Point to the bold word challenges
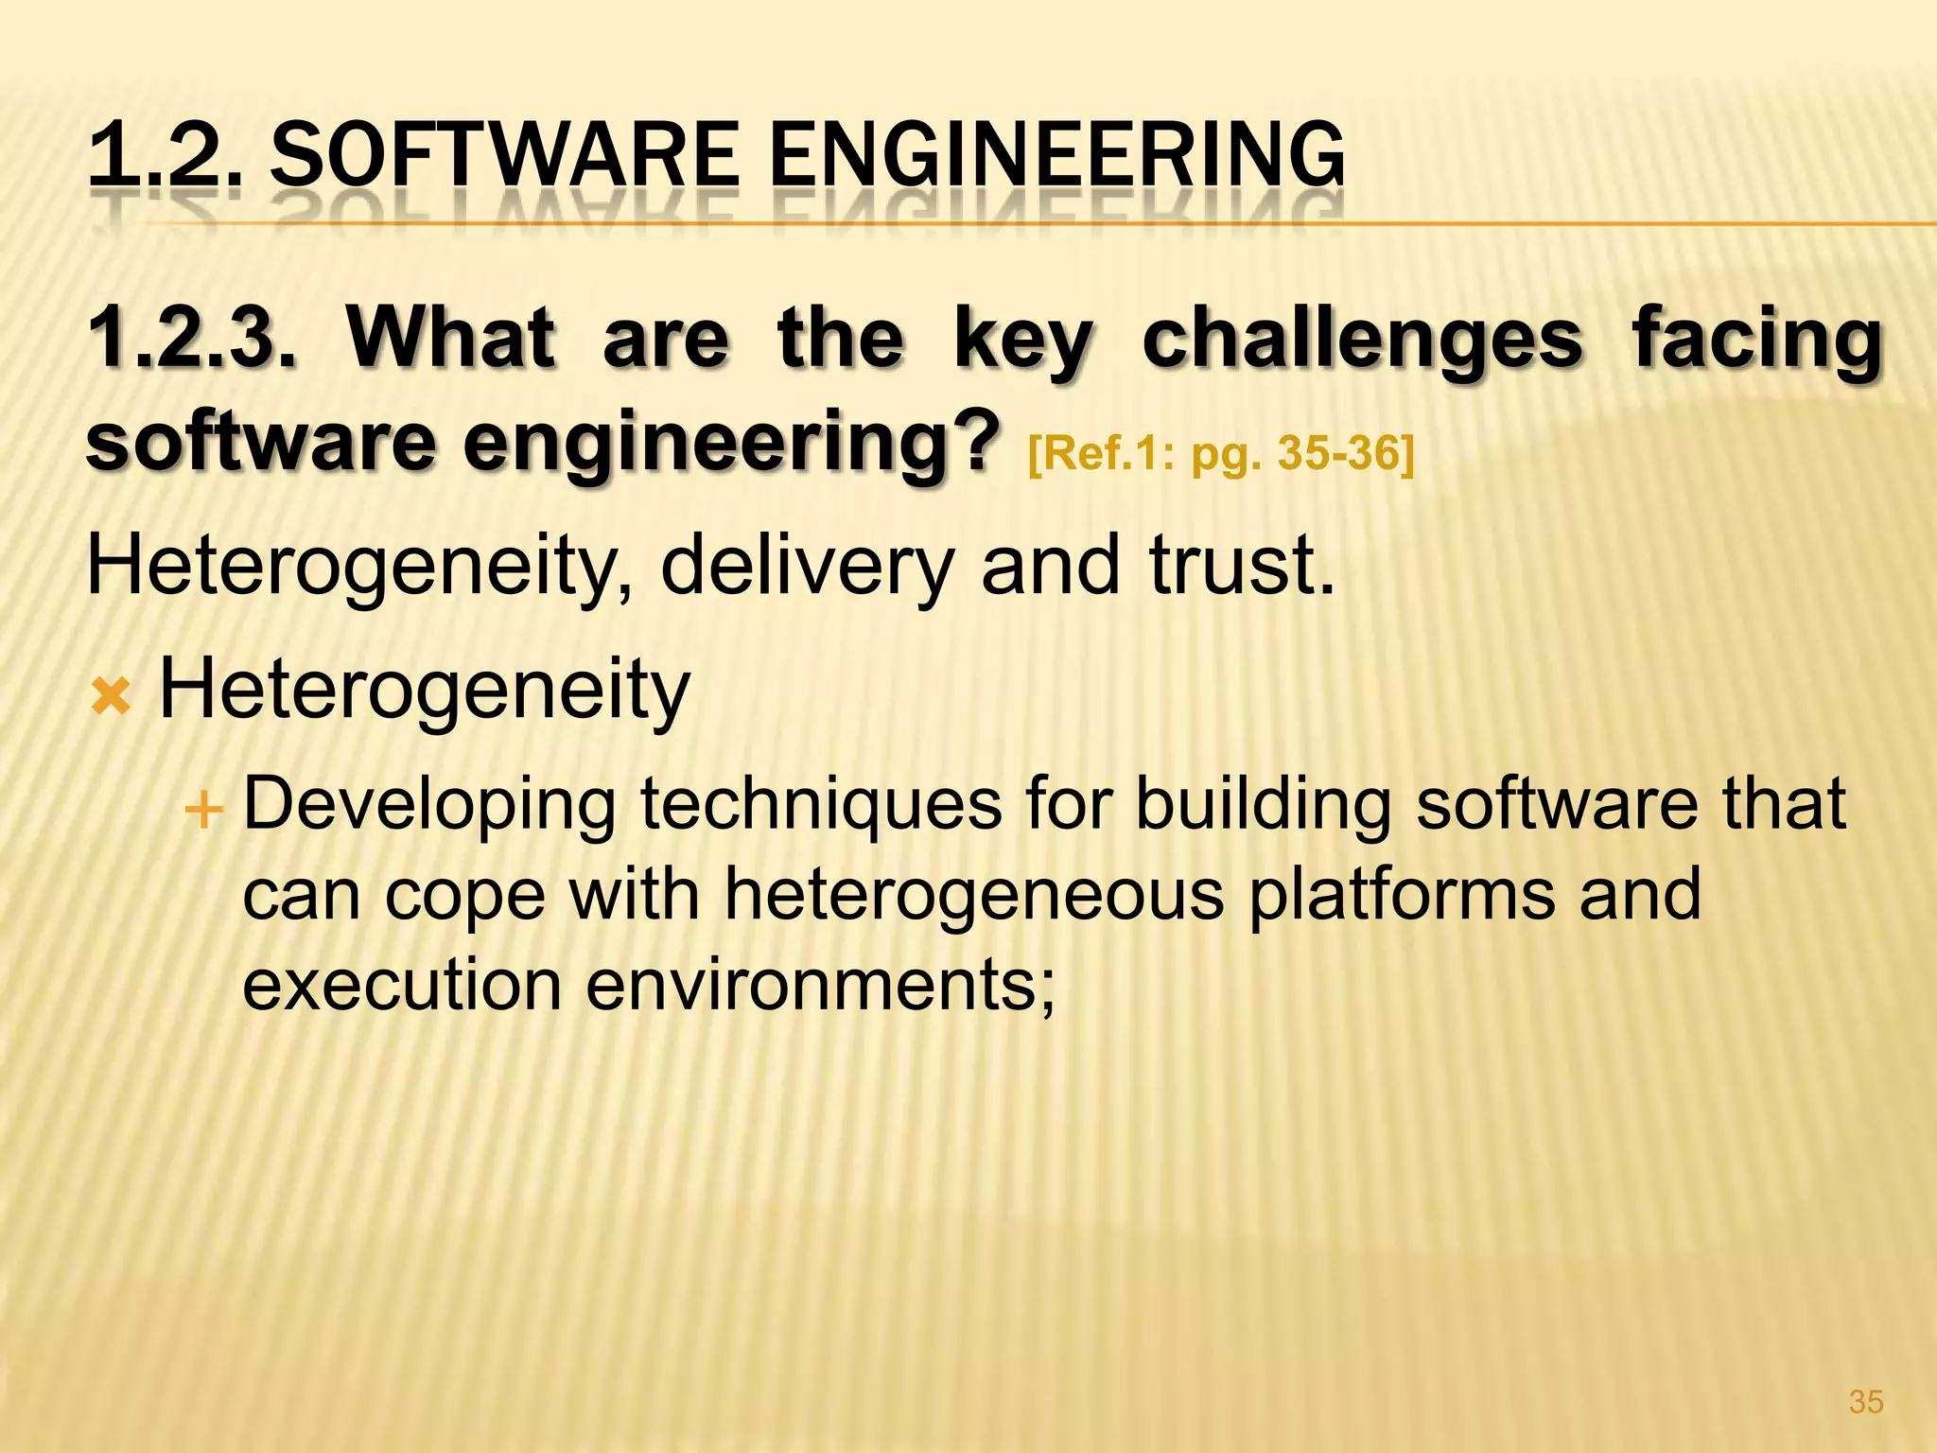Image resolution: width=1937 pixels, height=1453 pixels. point(1362,341)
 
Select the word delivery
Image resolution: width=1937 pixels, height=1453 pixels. point(805,565)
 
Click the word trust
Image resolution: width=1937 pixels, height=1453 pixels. point(1240,565)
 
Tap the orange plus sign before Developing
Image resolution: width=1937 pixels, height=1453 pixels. point(203,810)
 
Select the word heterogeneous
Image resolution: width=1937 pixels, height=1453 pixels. point(973,894)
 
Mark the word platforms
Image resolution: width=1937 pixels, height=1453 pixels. point(1402,894)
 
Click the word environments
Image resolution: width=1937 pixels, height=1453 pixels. point(819,984)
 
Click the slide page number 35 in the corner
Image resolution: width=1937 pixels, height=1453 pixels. point(1866,1401)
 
